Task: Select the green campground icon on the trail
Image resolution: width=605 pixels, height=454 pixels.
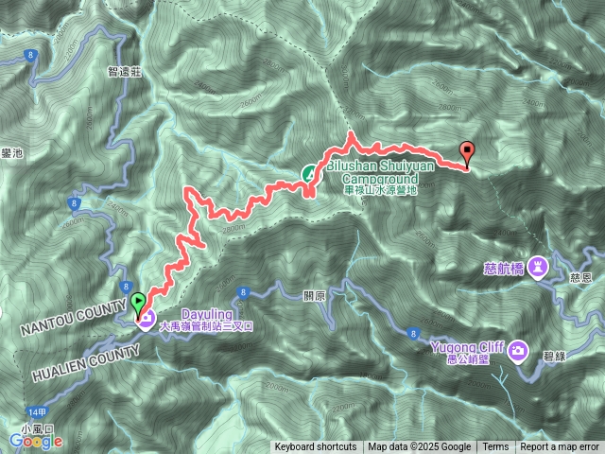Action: click(310, 173)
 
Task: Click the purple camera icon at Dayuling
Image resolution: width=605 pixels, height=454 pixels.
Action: click(147, 318)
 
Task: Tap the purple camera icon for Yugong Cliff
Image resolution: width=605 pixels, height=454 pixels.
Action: click(518, 352)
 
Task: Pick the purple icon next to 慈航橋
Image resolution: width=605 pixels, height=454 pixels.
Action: click(539, 266)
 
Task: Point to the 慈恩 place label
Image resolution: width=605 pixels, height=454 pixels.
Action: click(581, 277)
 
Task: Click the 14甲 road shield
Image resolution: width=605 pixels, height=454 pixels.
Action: click(38, 413)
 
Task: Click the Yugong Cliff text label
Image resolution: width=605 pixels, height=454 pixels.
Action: click(460, 346)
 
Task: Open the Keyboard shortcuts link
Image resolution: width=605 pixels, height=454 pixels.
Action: click(316, 447)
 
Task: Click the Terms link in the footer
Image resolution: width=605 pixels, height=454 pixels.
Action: click(494, 447)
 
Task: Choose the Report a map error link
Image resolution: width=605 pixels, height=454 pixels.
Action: click(562, 447)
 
